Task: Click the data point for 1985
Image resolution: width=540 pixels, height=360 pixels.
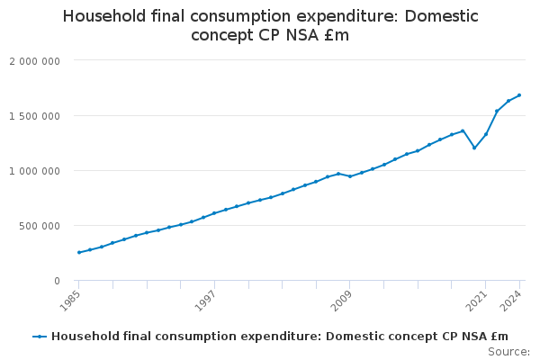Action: click(x=78, y=252)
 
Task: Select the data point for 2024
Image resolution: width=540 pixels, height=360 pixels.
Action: click(x=519, y=95)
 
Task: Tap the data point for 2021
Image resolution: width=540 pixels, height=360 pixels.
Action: click(x=486, y=134)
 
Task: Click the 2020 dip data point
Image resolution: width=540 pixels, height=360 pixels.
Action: click(x=474, y=148)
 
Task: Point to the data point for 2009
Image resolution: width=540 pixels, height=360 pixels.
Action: click(x=350, y=176)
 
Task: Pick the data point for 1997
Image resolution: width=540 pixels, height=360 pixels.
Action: click(x=214, y=213)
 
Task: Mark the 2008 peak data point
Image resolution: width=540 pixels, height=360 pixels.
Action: click(x=338, y=174)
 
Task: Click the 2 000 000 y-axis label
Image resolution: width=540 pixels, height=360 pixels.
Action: click(x=34, y=60)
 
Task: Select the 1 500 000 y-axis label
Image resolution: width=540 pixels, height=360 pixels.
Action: click(x=34, y=116)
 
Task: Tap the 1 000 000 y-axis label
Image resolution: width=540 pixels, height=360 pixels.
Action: click(x=34, y=171)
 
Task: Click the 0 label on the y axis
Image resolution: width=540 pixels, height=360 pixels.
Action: click(x=57, y=281)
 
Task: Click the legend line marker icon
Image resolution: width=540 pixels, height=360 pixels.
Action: click(x=40, y=337)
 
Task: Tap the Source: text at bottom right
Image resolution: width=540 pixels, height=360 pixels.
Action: click(x=508, y=352)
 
